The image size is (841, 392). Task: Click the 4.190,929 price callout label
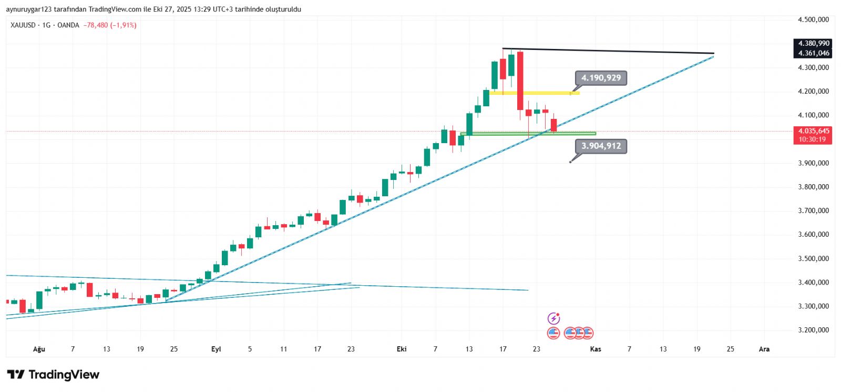(x=601, y=78)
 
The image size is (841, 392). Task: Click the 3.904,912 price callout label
(x=601, y=146)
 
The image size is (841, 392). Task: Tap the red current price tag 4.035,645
(x=813, y=131)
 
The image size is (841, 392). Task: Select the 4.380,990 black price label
(x=813, y=43)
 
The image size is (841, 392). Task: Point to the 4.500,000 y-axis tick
(x=813, y=19)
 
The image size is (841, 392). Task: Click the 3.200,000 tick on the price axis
(x=813, y=330)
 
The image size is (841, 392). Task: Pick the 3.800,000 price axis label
(x=813, y=187)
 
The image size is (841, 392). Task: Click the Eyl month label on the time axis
(x=216, y=349)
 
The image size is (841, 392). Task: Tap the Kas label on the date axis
(x=596, y=349)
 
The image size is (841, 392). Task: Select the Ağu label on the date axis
(x=39, y=349)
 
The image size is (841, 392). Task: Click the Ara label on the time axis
(x=764, y=349)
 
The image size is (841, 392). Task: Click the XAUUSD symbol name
(x=23, y=25)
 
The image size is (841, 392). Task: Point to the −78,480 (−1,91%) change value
(x=110, y=25)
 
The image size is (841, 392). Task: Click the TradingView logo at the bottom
(x=53, y=375)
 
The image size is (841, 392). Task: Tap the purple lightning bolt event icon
(x=553, y=318)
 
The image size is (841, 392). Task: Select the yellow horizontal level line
(x=534, y=93)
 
